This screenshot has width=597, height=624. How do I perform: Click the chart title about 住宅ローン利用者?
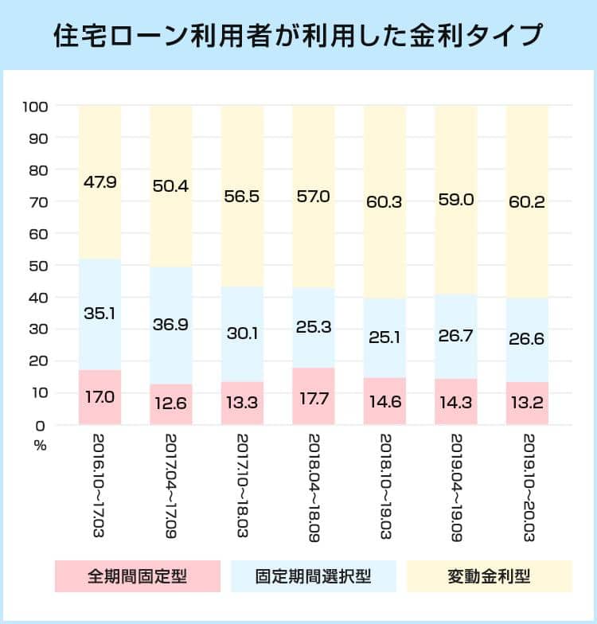coord(298,36)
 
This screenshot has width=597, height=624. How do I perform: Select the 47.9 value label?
coord(99,182)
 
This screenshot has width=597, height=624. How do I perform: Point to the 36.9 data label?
coord(171,326)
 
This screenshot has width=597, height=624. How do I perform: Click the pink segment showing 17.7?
coord(314,396)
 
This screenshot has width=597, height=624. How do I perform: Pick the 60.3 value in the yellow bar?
coord(384,201)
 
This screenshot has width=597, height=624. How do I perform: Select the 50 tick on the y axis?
coord(40,265)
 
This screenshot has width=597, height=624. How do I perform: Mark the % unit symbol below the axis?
coord(40,446)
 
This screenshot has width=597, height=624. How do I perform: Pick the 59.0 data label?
coord(456,199)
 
